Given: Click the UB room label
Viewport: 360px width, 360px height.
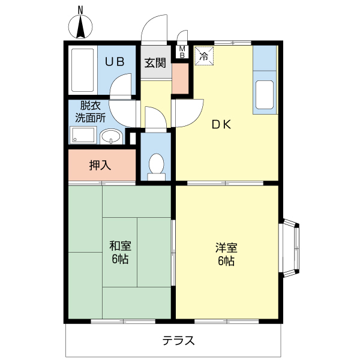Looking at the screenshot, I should click(x=115, y=61).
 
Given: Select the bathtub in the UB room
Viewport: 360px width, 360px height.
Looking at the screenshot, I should click(x=82, y=69).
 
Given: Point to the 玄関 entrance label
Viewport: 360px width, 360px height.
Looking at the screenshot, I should click(x=155, y=62).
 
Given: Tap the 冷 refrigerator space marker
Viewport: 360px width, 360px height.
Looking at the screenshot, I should click(x=204, y=57).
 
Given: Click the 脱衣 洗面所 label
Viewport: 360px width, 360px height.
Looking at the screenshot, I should click(x=90, y=112).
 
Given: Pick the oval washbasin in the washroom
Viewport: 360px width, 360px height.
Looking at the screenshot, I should click(x=110, y=137).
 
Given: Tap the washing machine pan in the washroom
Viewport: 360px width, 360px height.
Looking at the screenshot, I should click(x=83, y=136).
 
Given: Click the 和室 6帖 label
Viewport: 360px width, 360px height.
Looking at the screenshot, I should click(x=120, y=253).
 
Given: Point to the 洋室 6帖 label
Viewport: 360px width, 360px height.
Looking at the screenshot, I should click(x=227, y=254).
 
